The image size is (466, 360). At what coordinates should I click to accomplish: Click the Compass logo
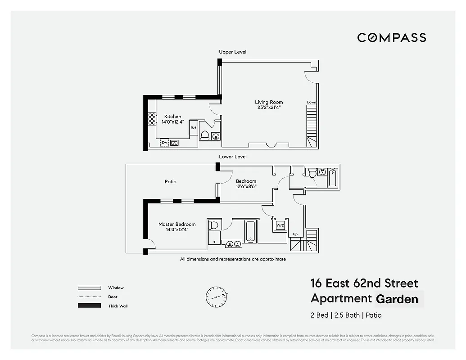[x=391, y=38]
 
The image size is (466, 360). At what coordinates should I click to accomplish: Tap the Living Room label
[x=269, y=102]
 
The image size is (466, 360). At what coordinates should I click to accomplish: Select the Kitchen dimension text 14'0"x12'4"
[x=173, y=122]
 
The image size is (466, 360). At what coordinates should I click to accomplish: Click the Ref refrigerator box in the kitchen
[x=193, y=128]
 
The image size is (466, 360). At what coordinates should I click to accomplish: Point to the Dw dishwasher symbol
[x=164, y=143]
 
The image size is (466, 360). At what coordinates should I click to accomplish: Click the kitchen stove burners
[x=152, y=119]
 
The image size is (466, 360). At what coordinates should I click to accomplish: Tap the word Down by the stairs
[x=312, y=102]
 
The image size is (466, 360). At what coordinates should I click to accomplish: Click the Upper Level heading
[x=232, y=52]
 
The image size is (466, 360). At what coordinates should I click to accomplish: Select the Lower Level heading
[x=232, y=157]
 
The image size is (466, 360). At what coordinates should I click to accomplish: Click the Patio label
[x=170, y=182]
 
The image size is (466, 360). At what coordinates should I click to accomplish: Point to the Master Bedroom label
[x=177, y=224]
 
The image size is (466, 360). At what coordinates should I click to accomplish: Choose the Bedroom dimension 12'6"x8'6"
[x=246, y=186]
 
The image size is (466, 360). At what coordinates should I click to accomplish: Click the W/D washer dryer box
[x=280, y=225]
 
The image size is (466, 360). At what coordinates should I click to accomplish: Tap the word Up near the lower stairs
[x=295, y=234]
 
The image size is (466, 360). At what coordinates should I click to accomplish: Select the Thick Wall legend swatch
[x=89, y=306]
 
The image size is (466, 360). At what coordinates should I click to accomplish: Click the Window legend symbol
[x=89, y=288]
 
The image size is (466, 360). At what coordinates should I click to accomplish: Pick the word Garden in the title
[x=397, y=299]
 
